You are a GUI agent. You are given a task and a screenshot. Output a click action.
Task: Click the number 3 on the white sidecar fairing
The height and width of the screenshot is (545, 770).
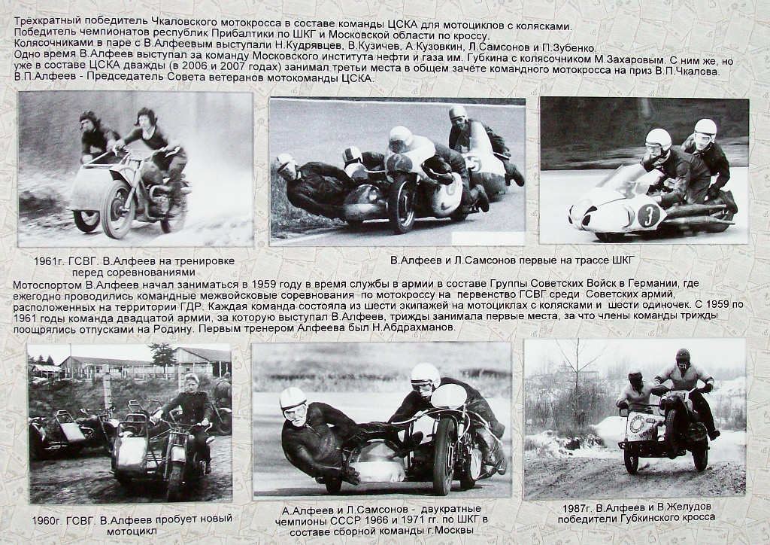click(648, 216)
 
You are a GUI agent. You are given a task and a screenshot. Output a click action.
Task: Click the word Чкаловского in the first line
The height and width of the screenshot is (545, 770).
click(188, 22)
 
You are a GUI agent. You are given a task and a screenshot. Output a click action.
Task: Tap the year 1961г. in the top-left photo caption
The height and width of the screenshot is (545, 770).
click(49, 261)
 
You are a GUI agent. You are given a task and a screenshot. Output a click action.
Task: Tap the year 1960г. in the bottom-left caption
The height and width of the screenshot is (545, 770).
click(47, 520)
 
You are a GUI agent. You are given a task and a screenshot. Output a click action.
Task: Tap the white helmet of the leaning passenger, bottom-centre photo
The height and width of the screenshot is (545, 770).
click(293, 399)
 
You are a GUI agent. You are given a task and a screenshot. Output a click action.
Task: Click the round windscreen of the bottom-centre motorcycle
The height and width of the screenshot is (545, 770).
click(448, 397)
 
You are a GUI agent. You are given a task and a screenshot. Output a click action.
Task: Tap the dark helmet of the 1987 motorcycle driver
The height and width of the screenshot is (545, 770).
click(683, 358)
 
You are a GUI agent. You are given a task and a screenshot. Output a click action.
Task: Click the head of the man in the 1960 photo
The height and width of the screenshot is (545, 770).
click(191, 382)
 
